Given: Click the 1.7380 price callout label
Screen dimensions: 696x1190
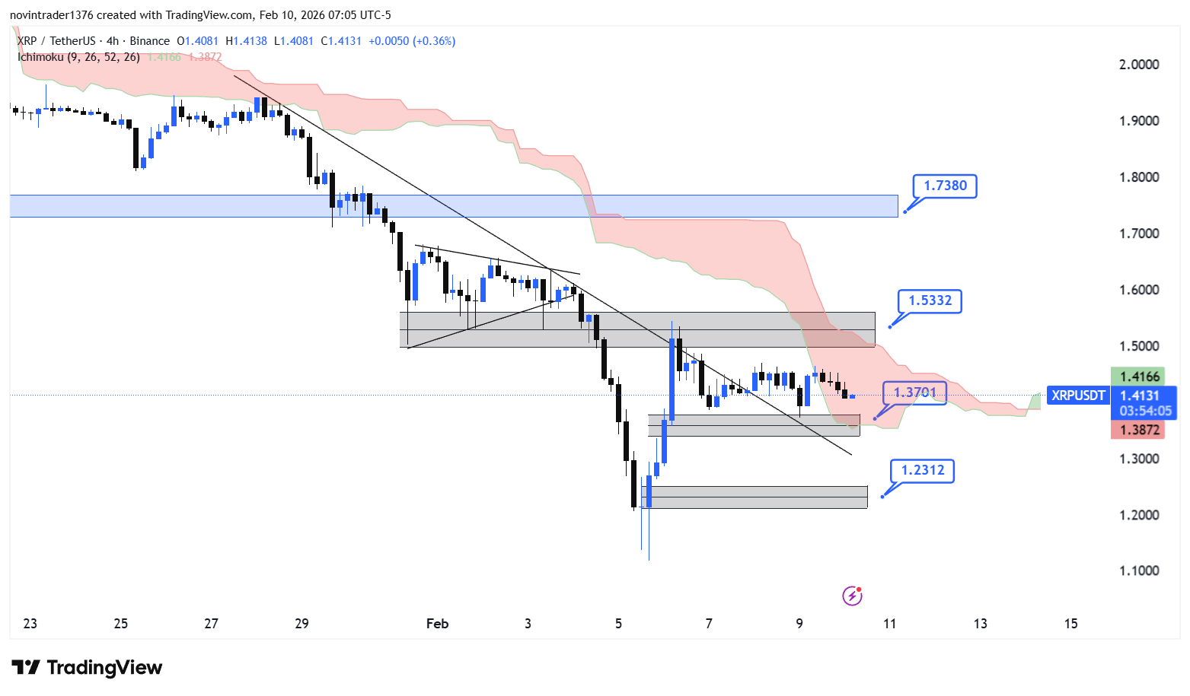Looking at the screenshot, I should (x=945, y=186).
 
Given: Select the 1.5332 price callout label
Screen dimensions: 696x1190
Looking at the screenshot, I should (x=930, y=300).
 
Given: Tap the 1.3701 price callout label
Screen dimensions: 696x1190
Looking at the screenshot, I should (x=914, y=392).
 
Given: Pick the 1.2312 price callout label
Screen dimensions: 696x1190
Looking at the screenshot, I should (x=922, y=470).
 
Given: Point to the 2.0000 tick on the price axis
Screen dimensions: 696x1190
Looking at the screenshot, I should (x=1139, y=65).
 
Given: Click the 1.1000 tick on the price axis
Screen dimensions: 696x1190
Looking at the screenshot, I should (x=1139, y=570).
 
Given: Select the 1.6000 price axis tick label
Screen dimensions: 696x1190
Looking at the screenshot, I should (x=1139, y=290).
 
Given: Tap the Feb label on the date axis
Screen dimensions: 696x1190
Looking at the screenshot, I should (x=437, y=624).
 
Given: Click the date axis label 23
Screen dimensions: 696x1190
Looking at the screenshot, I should (x=30, y=624).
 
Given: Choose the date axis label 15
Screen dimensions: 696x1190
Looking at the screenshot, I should (x=1070, y=624).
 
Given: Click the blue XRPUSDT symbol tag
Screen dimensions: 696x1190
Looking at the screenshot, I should (x=1078, y=396).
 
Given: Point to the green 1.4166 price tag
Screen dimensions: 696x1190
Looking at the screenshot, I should (x=1140, y=377).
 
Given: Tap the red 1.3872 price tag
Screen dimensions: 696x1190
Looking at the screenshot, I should (x=1140, y=430).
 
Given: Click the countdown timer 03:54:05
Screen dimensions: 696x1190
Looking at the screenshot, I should (x=1145, y=411).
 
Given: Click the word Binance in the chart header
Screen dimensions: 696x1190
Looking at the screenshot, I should (x=150, y=41).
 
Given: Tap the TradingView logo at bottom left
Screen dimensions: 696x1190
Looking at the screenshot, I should (x=87, y=667).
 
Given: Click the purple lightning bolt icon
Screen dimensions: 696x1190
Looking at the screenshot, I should (x=852, y=596).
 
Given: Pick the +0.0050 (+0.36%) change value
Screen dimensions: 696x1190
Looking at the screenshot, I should (x=412, y=41).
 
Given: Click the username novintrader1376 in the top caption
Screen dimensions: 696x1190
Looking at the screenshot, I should (x=51, y=15).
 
